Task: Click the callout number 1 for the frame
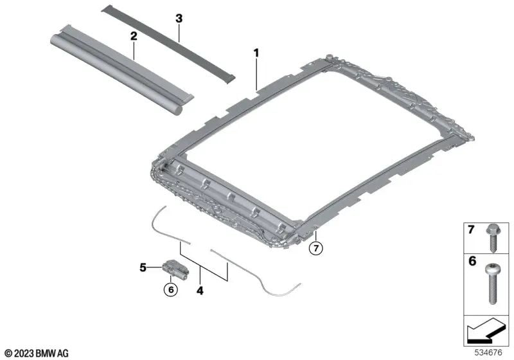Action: tap(256, 53)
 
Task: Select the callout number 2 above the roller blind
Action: tap(134, 36)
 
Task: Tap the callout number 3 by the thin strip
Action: tap(179, 19)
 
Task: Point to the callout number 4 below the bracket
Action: tap(200, 291)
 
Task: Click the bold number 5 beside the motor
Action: tap(143, 267)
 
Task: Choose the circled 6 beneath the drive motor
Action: tap(171, 289)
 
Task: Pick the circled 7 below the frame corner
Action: tap(316, 248)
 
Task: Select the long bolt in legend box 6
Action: tap(492, 283)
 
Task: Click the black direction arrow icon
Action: tap(484, 330)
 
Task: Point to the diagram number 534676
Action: tap(488, 353)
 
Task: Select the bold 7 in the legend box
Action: tap(471, 230)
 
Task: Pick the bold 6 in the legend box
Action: tap(472, 261)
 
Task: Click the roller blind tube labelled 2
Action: tap(121, 71)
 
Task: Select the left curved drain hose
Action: tap(166, 226)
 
